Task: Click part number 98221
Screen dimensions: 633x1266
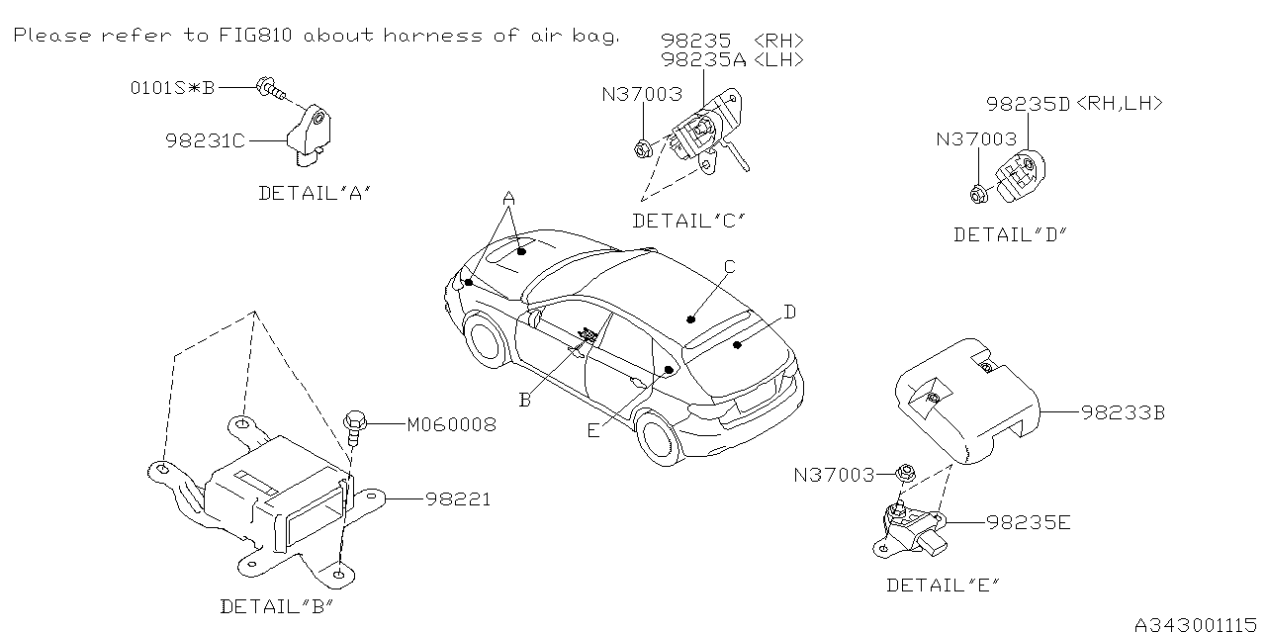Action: [458, 500]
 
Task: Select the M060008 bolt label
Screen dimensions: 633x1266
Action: [451, 425]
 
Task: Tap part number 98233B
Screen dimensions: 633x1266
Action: [1123, 413]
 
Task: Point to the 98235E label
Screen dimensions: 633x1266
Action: [1028, 521]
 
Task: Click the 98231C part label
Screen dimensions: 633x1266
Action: [204, 141]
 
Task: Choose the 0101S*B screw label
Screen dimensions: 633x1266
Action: [172, 88]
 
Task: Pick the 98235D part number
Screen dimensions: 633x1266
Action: [1029, 103]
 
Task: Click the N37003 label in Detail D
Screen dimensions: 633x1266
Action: [976, 140]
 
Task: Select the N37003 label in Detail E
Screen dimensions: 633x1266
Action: [834, 476]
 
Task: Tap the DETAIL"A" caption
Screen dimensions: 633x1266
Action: [315, 194]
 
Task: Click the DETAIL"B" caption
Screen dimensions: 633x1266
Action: [276, 605]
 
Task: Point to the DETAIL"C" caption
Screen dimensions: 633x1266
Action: [688, 221]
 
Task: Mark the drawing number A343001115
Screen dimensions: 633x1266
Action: [1197, 624]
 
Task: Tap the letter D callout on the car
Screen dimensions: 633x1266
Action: [789, 313]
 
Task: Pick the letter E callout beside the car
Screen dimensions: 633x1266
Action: [592, 429]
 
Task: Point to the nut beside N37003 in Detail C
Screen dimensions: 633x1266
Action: [642, 149]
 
